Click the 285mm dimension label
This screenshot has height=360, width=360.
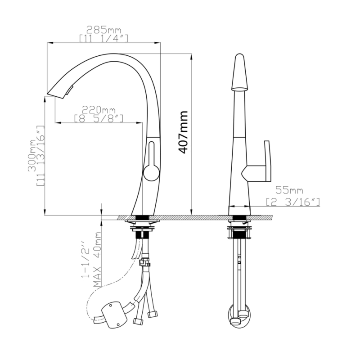(x=104, y=30)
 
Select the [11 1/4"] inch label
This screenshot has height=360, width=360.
(x=103, y=38)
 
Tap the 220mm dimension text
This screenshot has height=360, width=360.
(x=99, y=110)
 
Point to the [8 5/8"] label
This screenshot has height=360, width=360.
(x=99, y=118)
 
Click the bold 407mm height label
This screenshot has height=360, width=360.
(x=183, y=132)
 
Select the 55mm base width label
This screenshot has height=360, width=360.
(x=289, y=190)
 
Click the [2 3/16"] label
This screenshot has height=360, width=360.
(x=293, y=202)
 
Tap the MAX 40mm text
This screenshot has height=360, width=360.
(x=97, y=260)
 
